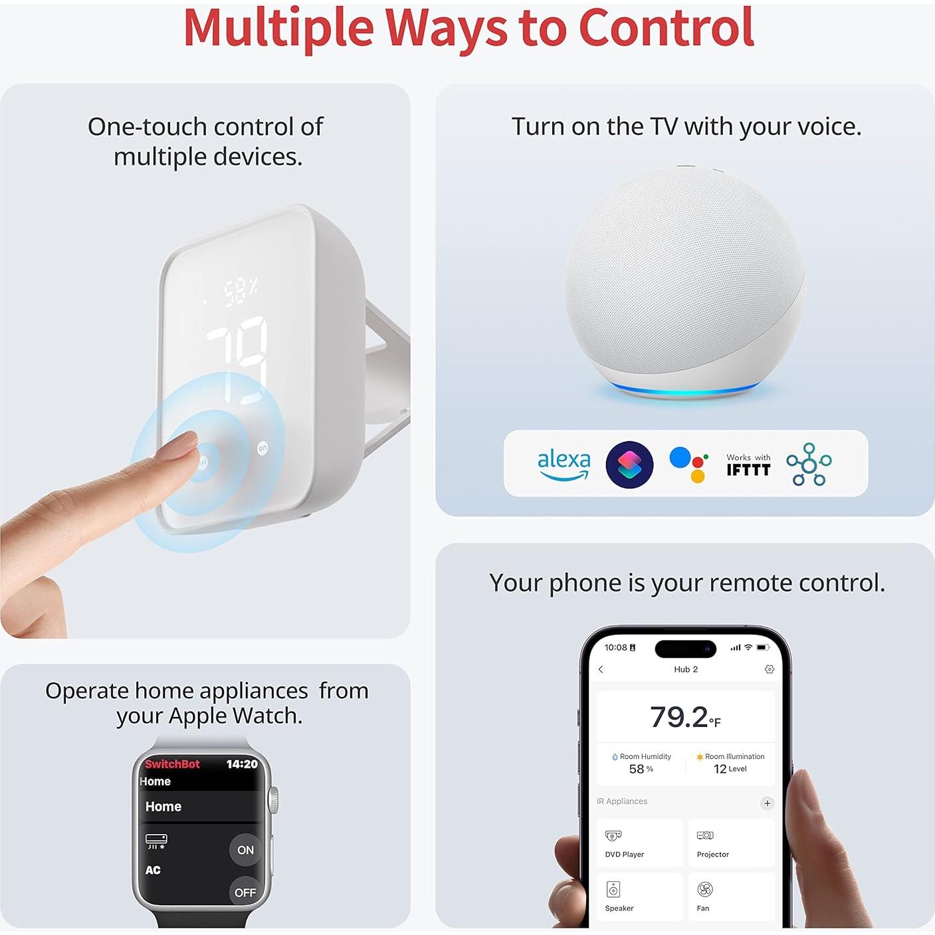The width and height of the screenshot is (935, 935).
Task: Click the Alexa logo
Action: point(564,464)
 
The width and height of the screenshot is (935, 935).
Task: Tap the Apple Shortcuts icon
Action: point(629,465)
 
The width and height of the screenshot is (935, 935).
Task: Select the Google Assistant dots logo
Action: point(688,464)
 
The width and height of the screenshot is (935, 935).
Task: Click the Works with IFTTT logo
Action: point(748,465)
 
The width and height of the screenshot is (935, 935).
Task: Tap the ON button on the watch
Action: point(245,850)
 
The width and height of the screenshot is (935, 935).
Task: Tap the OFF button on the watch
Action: point(245,892)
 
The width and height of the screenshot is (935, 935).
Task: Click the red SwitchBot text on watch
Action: point(172,764)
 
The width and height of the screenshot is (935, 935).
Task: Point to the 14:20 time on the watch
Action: point(241,764)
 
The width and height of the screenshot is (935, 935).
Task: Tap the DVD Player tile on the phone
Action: point(639,843)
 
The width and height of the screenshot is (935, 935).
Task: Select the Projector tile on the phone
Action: point(731,843)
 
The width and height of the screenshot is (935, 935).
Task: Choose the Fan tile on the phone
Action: point(731,896)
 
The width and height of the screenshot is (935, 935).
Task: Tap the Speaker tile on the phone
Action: point(639,896)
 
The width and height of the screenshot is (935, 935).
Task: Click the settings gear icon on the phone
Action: point(770,669)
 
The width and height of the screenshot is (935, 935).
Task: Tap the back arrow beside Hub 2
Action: point(601,669)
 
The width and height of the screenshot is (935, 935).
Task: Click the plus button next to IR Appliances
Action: point(767,803)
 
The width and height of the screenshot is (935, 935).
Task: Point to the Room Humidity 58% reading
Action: point(641,764)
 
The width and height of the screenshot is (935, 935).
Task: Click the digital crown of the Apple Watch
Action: point(273,800)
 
